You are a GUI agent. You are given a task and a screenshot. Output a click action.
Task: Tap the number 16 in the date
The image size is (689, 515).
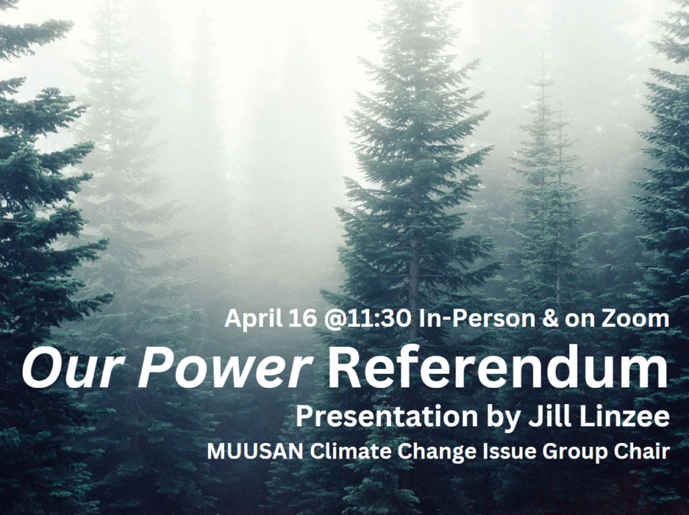coord(303,318)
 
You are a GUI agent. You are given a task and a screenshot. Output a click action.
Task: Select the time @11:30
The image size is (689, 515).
coord(368,318)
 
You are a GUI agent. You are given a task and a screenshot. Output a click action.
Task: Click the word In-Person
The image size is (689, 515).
coord(477,318)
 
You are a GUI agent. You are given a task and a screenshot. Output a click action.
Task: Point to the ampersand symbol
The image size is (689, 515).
coord(550,319)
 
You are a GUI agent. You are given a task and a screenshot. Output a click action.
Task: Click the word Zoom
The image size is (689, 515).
coord(635,319)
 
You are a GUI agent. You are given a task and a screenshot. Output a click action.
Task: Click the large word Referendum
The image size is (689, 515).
coord(498,366)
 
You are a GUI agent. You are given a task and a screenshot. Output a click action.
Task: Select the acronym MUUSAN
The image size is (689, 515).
coord(255,452)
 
